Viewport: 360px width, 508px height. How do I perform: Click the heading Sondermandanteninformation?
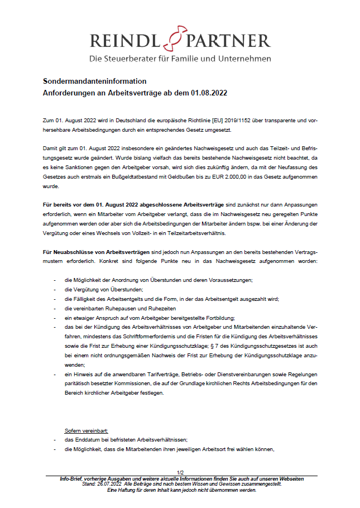tap(95, 82)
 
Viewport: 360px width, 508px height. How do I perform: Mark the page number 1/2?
tap(180, 473)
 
